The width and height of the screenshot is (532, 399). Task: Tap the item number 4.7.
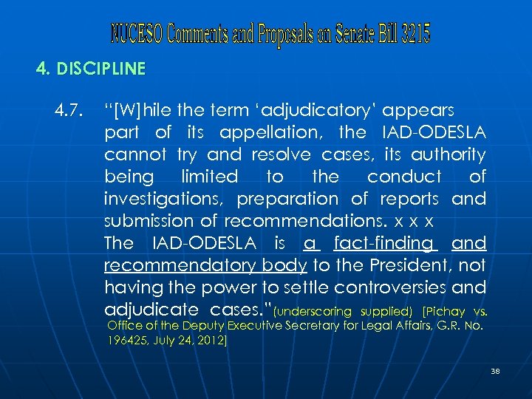[x=68, y=110]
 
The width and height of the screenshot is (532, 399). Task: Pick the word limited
[x=209, y=177]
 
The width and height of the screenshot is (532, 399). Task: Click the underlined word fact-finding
[x=383, y=243]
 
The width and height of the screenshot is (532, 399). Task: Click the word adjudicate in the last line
[x=146, y=309]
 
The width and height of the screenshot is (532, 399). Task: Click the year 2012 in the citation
[x=211, y=341]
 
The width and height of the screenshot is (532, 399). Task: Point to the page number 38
[x=495, y=371]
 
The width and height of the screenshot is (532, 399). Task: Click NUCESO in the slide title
[x=137, y=33]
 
